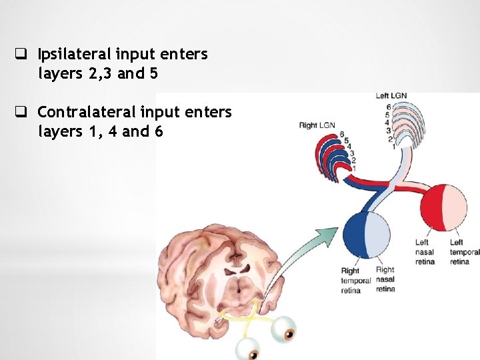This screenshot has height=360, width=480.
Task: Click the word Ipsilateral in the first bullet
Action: pos(74,54)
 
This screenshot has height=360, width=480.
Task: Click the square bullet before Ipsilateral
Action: pos(21,53)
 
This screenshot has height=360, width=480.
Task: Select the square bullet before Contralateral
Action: pos(21,111)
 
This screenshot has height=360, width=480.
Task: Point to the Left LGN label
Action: pos(392,96)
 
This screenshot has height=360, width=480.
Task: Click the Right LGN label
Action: pos(317,125)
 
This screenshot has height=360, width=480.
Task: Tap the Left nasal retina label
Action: pos(424,252)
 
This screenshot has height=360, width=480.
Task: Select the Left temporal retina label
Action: pos(464,252)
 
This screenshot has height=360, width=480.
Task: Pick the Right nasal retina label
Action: pos(385,279)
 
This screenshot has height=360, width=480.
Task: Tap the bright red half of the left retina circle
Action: pos(431,207)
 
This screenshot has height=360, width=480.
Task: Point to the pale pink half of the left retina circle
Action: pos(455,207)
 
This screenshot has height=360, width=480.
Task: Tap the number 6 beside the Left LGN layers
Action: pos(389,107)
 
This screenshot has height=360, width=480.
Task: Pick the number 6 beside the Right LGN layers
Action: pos(341,135)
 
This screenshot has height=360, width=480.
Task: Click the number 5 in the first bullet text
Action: pos(154,74)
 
